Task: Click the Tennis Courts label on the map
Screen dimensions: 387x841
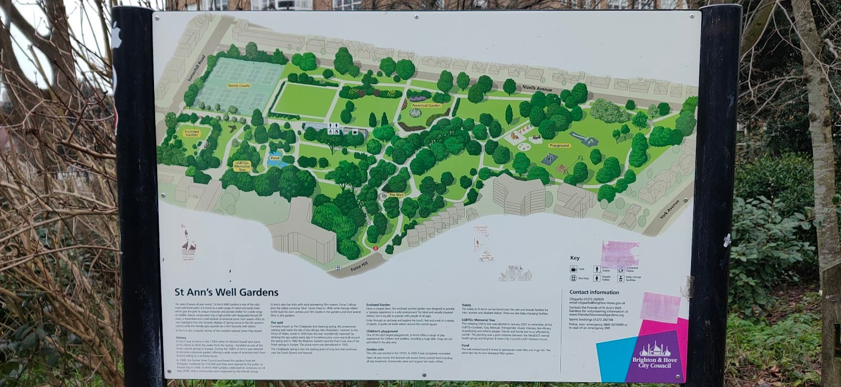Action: [x=239, y=85]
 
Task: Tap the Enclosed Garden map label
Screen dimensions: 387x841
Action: [x=192, y=133]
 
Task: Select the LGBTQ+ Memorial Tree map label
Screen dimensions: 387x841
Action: [x=242, y=167]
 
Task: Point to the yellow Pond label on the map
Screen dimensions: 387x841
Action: [x=274, y=158]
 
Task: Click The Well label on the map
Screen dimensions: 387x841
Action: [x=396, y=195]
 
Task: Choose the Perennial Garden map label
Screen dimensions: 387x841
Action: [x=426, y=105]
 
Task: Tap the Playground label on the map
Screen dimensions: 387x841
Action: [x=560, y=146]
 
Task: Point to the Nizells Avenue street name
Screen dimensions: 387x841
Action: [x=537, y=88]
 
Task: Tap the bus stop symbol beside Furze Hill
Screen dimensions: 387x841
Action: [x=375, y=247]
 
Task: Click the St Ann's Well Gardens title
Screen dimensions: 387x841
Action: [x=227, y=292]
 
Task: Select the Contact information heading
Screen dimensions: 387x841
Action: [x=594, y=292]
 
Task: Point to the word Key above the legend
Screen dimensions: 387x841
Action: [x=575, y=258]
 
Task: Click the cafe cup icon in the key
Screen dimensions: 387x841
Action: [x=573, y=269]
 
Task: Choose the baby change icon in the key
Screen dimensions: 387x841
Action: [x=621, y=278]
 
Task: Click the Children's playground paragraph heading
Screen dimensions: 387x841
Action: [x=382, y=332]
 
